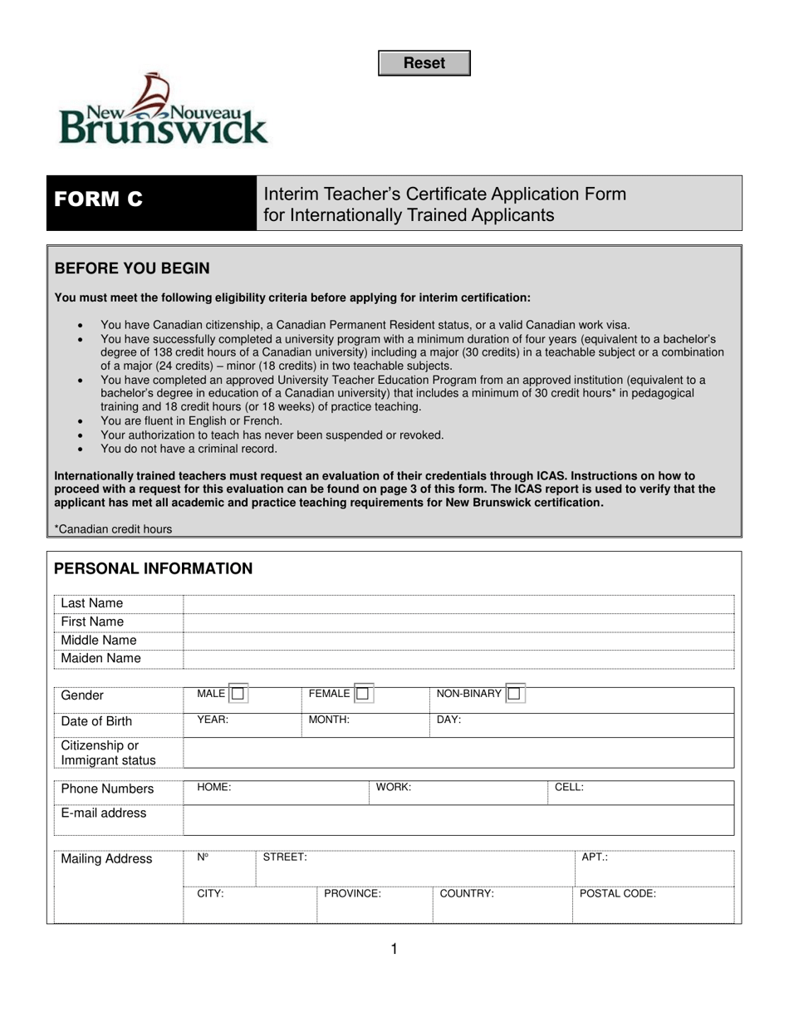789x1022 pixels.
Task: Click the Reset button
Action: tap(424, 63)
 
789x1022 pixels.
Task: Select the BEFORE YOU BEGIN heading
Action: tap(132, 268)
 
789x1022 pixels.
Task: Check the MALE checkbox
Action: tap(238, 693)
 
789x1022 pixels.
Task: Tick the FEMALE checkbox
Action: tap(362, 693)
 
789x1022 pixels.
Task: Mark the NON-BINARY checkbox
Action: tap(514, 693)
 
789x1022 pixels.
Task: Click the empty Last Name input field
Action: tap(458, 603)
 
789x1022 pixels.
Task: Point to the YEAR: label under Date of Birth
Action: tap(213, 720)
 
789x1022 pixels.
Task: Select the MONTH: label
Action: tap(329, 720)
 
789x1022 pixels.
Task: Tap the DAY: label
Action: tap(448, 720)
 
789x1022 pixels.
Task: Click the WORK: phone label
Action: tap(394, 787)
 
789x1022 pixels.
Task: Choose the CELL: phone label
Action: tap(569, 787)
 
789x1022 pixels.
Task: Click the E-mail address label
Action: tap(104, 813)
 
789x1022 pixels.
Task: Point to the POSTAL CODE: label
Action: tap(617, 894)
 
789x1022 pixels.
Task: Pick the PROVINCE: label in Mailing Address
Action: tap(352, 894)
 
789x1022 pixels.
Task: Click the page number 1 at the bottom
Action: tap(394, 949)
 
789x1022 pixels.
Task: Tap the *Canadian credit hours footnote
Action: tap(114, 528)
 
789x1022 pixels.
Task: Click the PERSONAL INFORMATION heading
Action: tap(154, 569)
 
